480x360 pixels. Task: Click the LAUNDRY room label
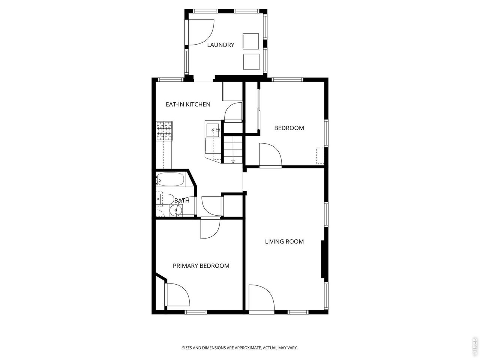tap(220, 45)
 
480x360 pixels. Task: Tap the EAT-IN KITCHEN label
tap(188, 104)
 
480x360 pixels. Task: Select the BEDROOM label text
tap(289, 128)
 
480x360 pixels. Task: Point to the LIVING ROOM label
tap(284, 241)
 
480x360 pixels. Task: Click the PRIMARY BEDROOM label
tap(201, 266)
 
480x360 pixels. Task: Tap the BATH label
tap(182, 201)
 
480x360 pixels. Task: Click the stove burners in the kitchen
tap(165, 131)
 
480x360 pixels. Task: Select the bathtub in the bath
tap(170, 180)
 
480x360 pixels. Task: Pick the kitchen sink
tap(212, 130)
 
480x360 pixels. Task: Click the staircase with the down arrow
tap(232, 149)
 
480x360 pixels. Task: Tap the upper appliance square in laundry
tap(250, 41)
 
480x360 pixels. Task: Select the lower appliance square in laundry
tap(251, 62)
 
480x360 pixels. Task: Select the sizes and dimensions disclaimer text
tap(240, 348)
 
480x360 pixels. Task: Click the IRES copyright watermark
tap(475, 347)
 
